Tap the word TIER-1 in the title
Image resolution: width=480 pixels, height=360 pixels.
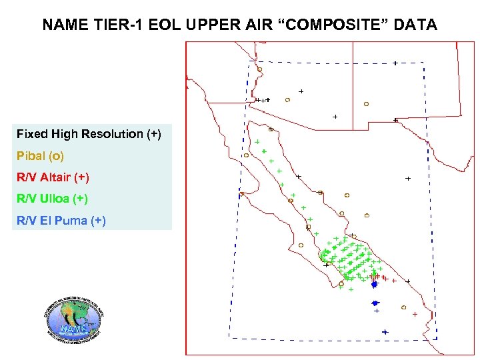(x=115, y=25)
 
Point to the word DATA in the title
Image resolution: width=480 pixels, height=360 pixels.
(x=415, y=25)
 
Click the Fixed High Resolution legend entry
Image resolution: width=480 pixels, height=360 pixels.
(x=89, y=134)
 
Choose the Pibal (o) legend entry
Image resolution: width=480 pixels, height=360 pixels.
(x=41, y=156)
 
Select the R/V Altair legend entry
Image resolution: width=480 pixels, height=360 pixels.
(x=53, y=177)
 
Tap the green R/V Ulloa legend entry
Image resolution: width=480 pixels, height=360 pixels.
(x=52, y=199)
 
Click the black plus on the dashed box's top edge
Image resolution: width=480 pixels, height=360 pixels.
(x=395, y=63)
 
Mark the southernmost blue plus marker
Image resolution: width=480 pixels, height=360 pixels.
(x=385, y=331)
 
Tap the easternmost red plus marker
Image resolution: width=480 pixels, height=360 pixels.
(x=415, y=314)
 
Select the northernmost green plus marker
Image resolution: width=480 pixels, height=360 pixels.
(x=257, y=141)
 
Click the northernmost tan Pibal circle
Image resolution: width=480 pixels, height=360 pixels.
(x=259, y=69)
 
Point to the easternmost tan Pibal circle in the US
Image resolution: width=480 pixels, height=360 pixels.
(x=366, y=104)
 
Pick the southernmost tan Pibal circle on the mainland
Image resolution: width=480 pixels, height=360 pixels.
(x=404, y=307)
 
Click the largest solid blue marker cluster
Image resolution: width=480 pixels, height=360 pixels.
(x=375, y=285)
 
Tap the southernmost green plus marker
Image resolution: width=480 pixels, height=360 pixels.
(x=351, y=290)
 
